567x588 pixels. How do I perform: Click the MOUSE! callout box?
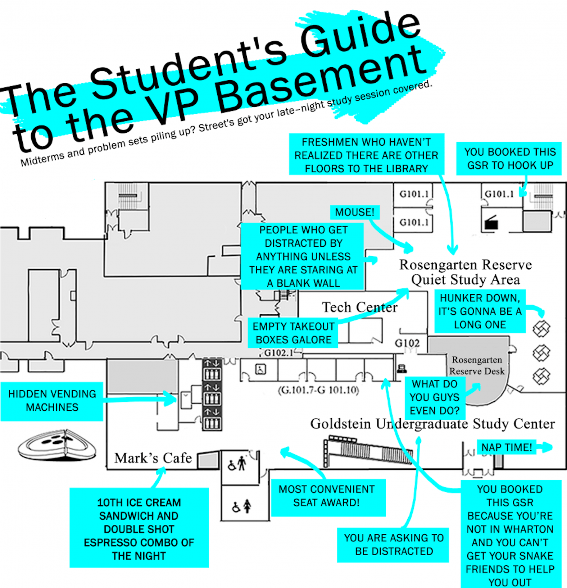pos(354,212)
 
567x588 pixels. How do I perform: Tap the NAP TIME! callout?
pos(506,447)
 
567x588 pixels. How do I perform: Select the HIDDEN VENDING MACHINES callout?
pos(52,401)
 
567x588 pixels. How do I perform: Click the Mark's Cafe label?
pos(153,458)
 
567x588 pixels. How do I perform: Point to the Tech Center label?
pos(359,307)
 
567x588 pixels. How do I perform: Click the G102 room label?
pos(407,343)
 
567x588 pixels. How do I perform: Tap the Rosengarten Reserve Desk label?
pos(477,365)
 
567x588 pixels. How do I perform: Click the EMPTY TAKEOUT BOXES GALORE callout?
pos(293,333)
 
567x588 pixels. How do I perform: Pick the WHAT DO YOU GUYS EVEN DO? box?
pos(435,397)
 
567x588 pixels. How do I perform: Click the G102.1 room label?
pos(279,353)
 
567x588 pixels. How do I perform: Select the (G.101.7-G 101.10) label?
pos(318,390)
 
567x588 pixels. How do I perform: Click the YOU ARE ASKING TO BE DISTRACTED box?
pos(394,544)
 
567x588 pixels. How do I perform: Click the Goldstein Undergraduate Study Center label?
pos(432,424)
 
